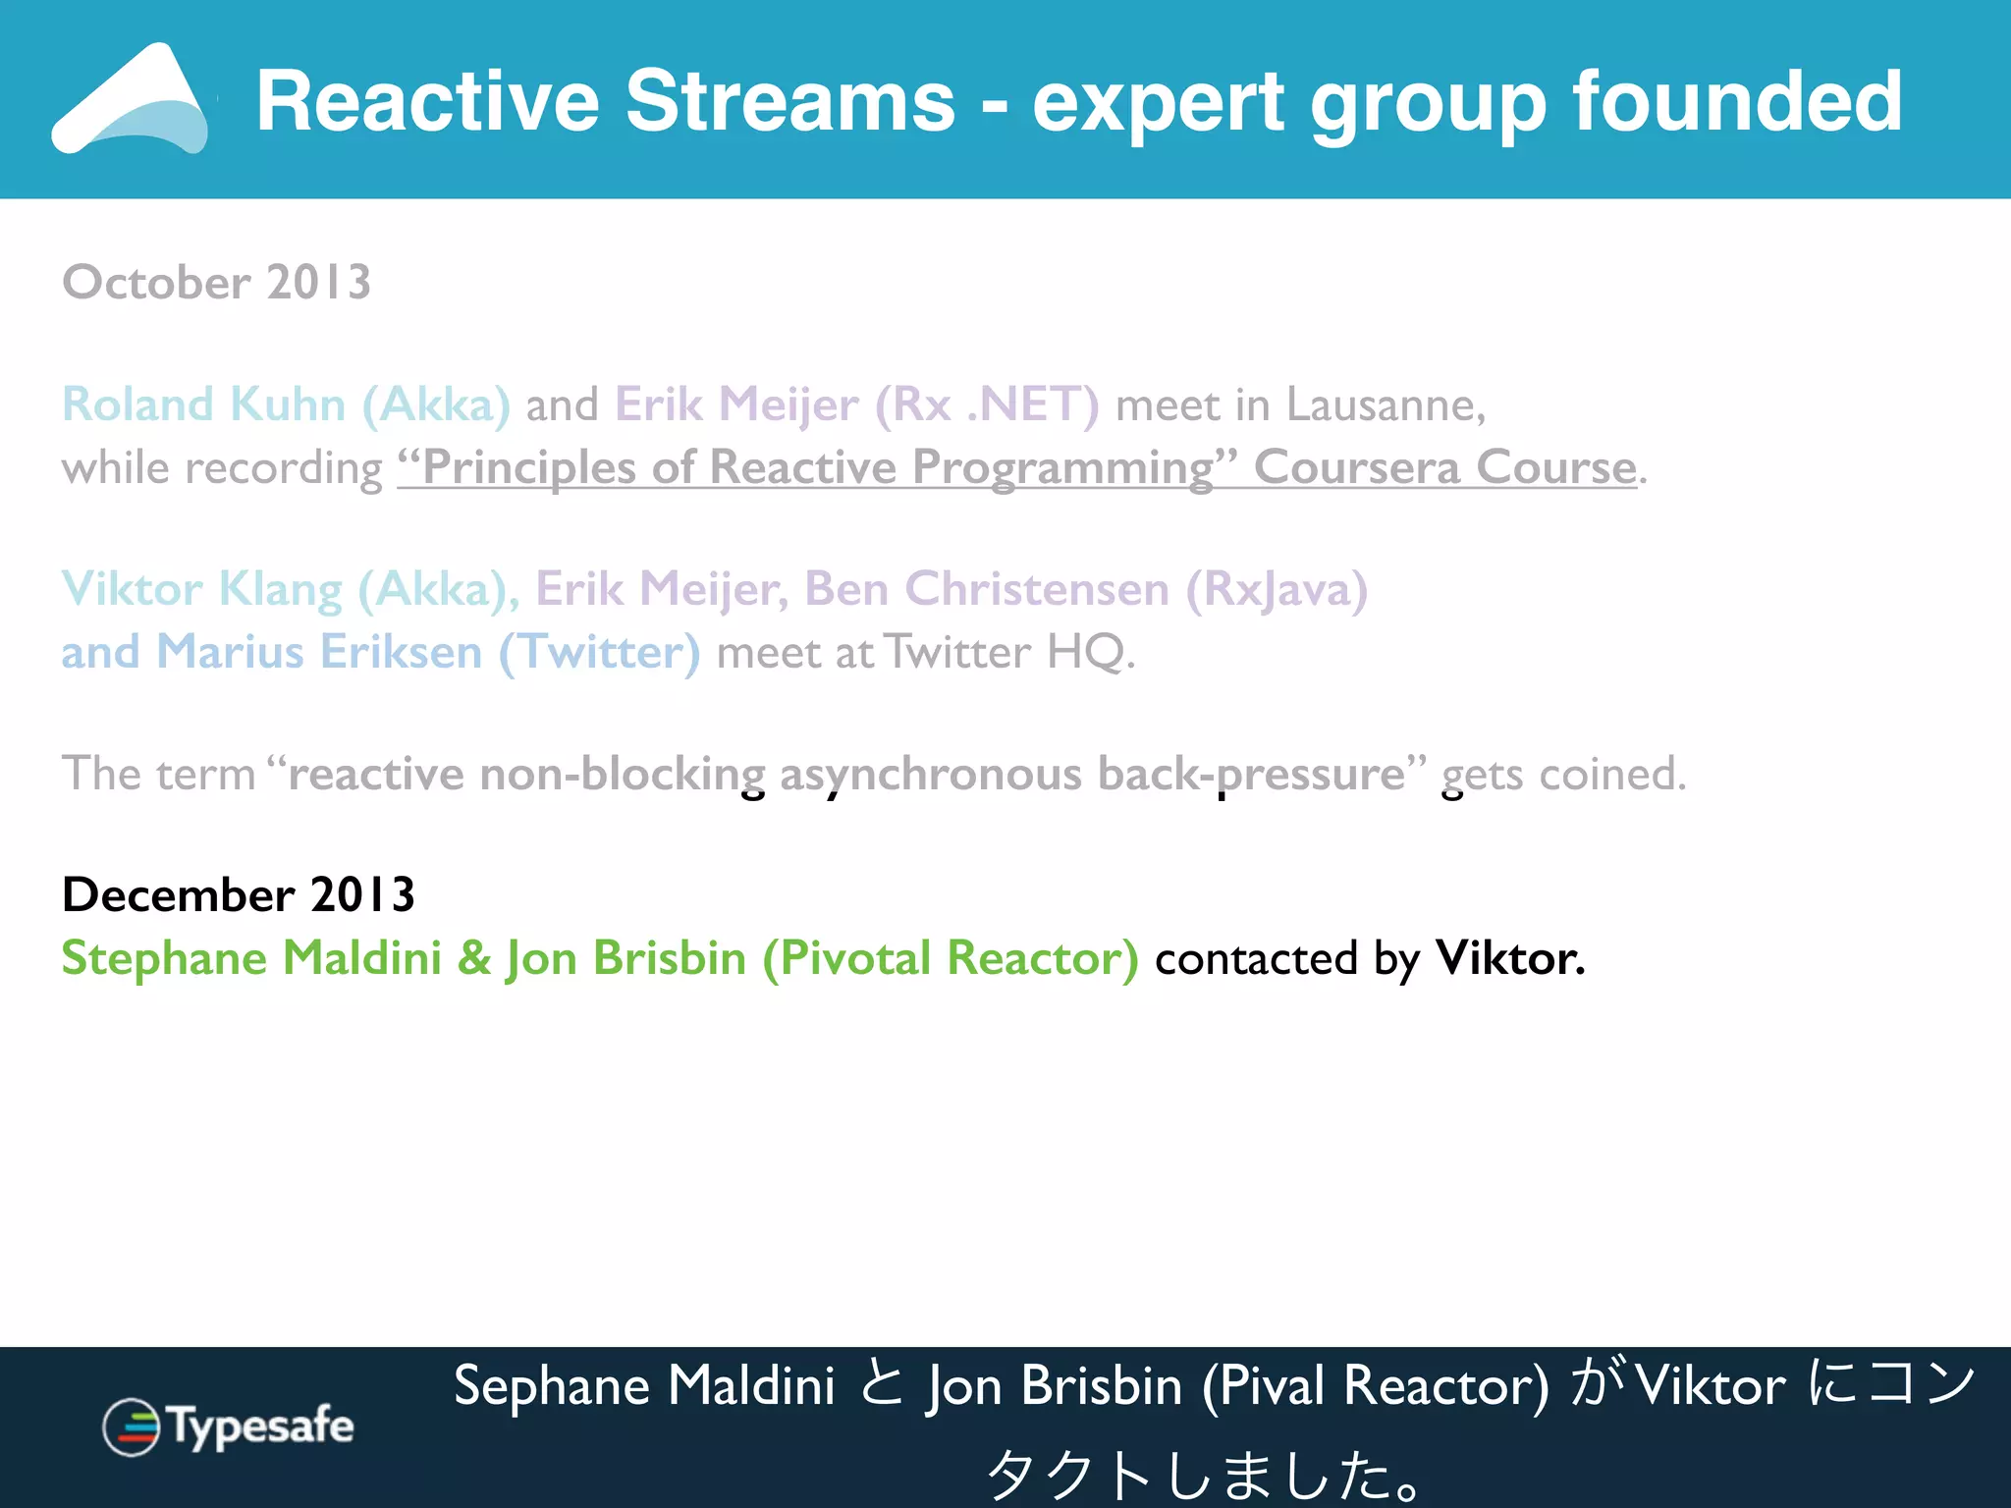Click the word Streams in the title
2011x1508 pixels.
789,101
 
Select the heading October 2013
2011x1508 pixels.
216,283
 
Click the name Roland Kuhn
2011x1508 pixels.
203,404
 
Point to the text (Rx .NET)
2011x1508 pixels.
986,404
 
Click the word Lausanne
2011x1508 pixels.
1385,404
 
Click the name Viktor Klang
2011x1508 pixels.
201,589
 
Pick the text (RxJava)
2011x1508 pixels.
1276,589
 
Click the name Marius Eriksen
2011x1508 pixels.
319,652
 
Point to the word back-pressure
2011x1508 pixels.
1252,774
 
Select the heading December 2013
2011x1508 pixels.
238,895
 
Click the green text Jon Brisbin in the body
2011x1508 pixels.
625,958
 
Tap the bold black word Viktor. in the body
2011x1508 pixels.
1509,958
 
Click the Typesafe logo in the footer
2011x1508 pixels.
228,1427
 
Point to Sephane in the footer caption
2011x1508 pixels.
551,1386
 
